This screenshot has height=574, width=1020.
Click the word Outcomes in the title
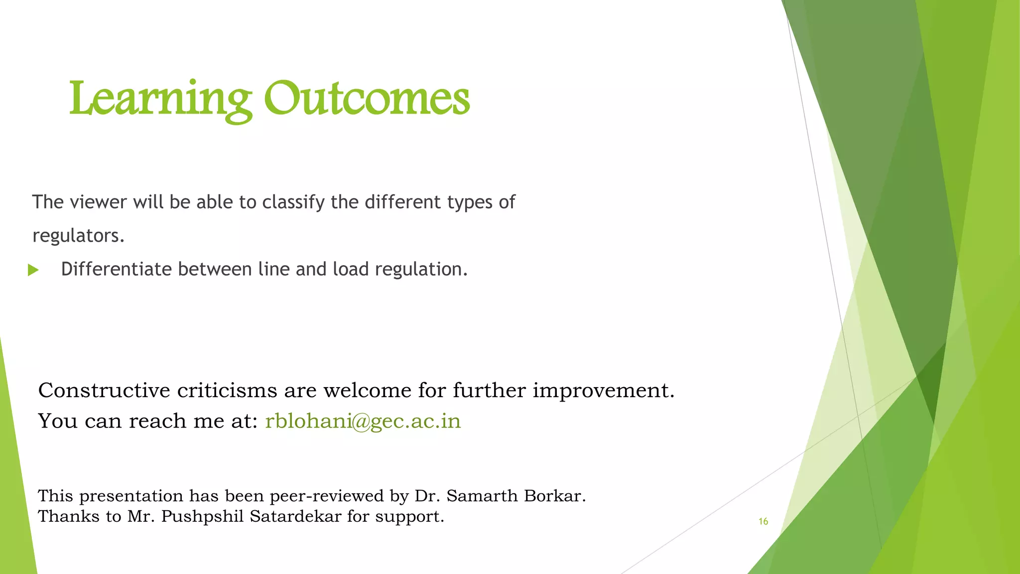pyautogui.click(x=367, y=99)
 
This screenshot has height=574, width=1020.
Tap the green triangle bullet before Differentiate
pyautogui.click(x=33, y=271)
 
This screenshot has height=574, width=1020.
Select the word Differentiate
pyautogui.click(x=117, y=269)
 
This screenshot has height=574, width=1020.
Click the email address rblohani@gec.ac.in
pyautogui.click(x=363, y=421)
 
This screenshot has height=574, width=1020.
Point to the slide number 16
pyautogui.click(x=763, y=521)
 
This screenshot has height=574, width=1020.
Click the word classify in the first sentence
pyautogui.click(x=293, y=202)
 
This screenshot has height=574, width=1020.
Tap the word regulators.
pyautogui.click(x=78, y=236)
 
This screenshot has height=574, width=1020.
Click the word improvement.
pyautogui.click(x=604, y=390)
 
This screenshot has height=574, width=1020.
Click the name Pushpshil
pyautogui.click(x=202, y=517)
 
